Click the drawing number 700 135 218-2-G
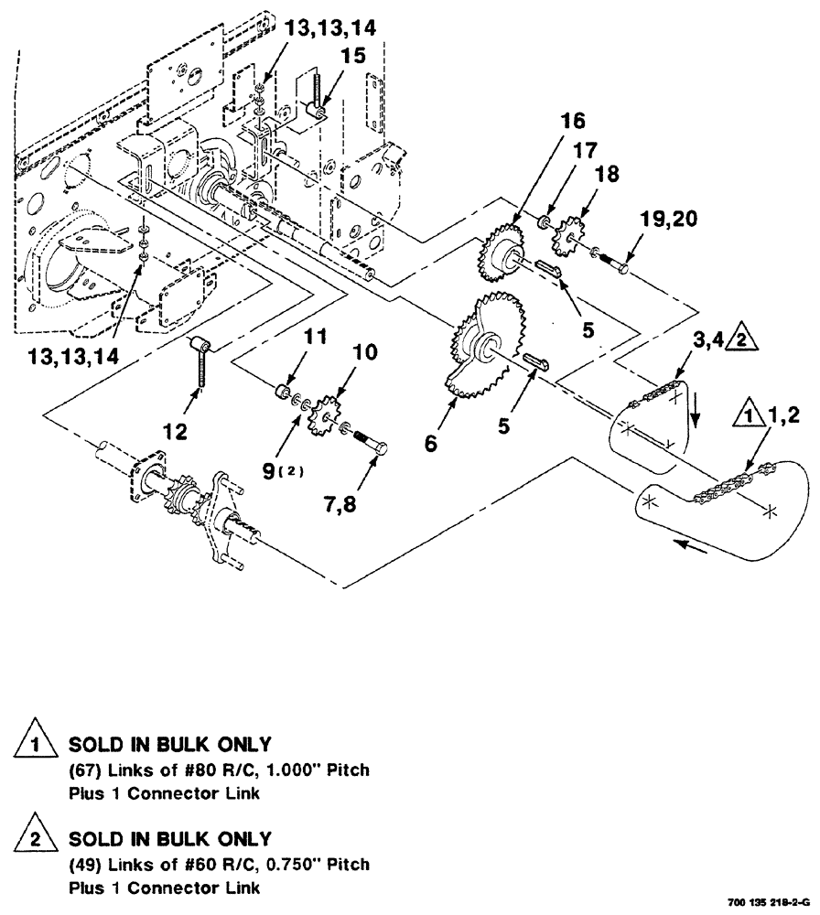(x=767, y=902)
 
